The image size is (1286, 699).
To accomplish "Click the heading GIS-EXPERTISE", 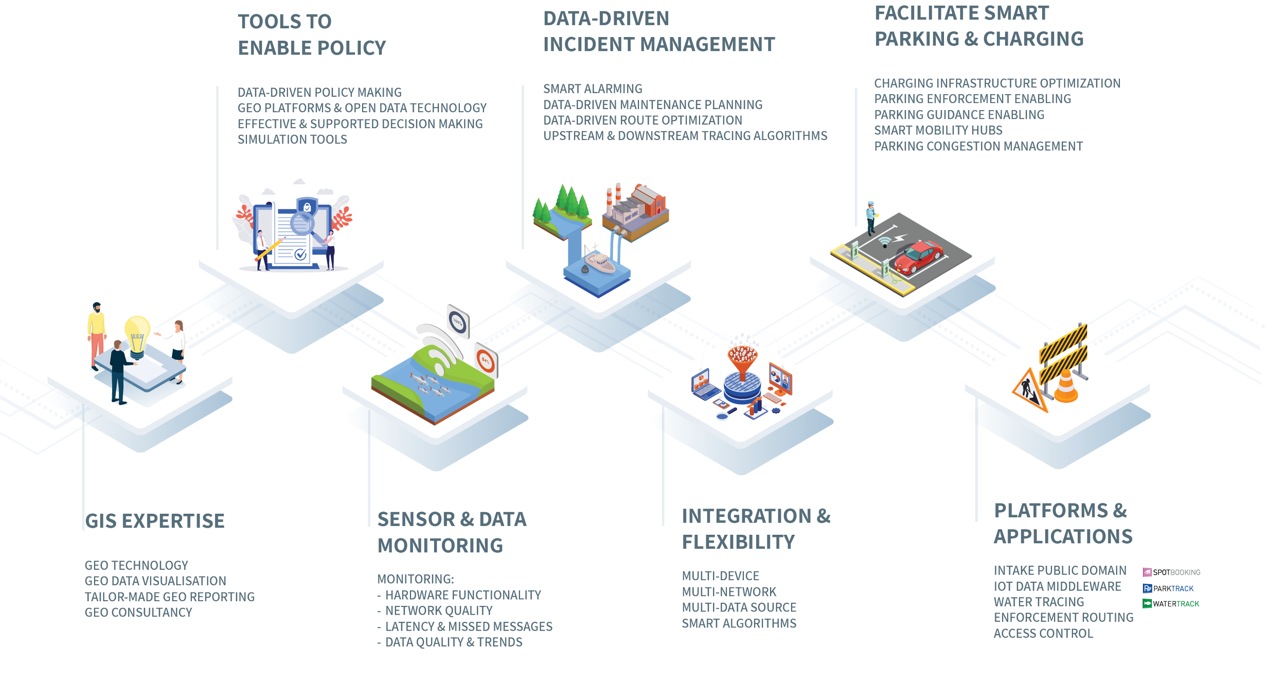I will click(155, 521).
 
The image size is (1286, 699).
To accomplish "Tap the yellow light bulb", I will click(137, 335).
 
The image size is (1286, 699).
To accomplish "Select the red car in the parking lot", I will click(919, 257).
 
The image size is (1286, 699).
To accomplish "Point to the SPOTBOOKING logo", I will click(1171, 572).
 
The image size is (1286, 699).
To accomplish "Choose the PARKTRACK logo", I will click(1168, 588).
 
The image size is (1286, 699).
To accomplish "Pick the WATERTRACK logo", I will click(1171, 604).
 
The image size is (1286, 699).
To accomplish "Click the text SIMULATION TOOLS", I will click(292, 139).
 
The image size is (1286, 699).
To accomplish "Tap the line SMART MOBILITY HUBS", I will click(938, 131).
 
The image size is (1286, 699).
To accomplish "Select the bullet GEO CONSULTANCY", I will click(138, 613).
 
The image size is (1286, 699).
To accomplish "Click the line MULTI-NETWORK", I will click(729, 592).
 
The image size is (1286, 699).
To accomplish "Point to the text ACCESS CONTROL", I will click(1043, 634).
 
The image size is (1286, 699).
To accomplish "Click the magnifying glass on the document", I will click(302, 224).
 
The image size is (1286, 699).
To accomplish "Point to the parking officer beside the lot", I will click(870, 218).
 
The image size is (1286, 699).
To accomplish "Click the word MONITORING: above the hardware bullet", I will click(416, 580).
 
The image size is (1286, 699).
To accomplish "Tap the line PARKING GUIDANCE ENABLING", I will click(959, 115).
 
